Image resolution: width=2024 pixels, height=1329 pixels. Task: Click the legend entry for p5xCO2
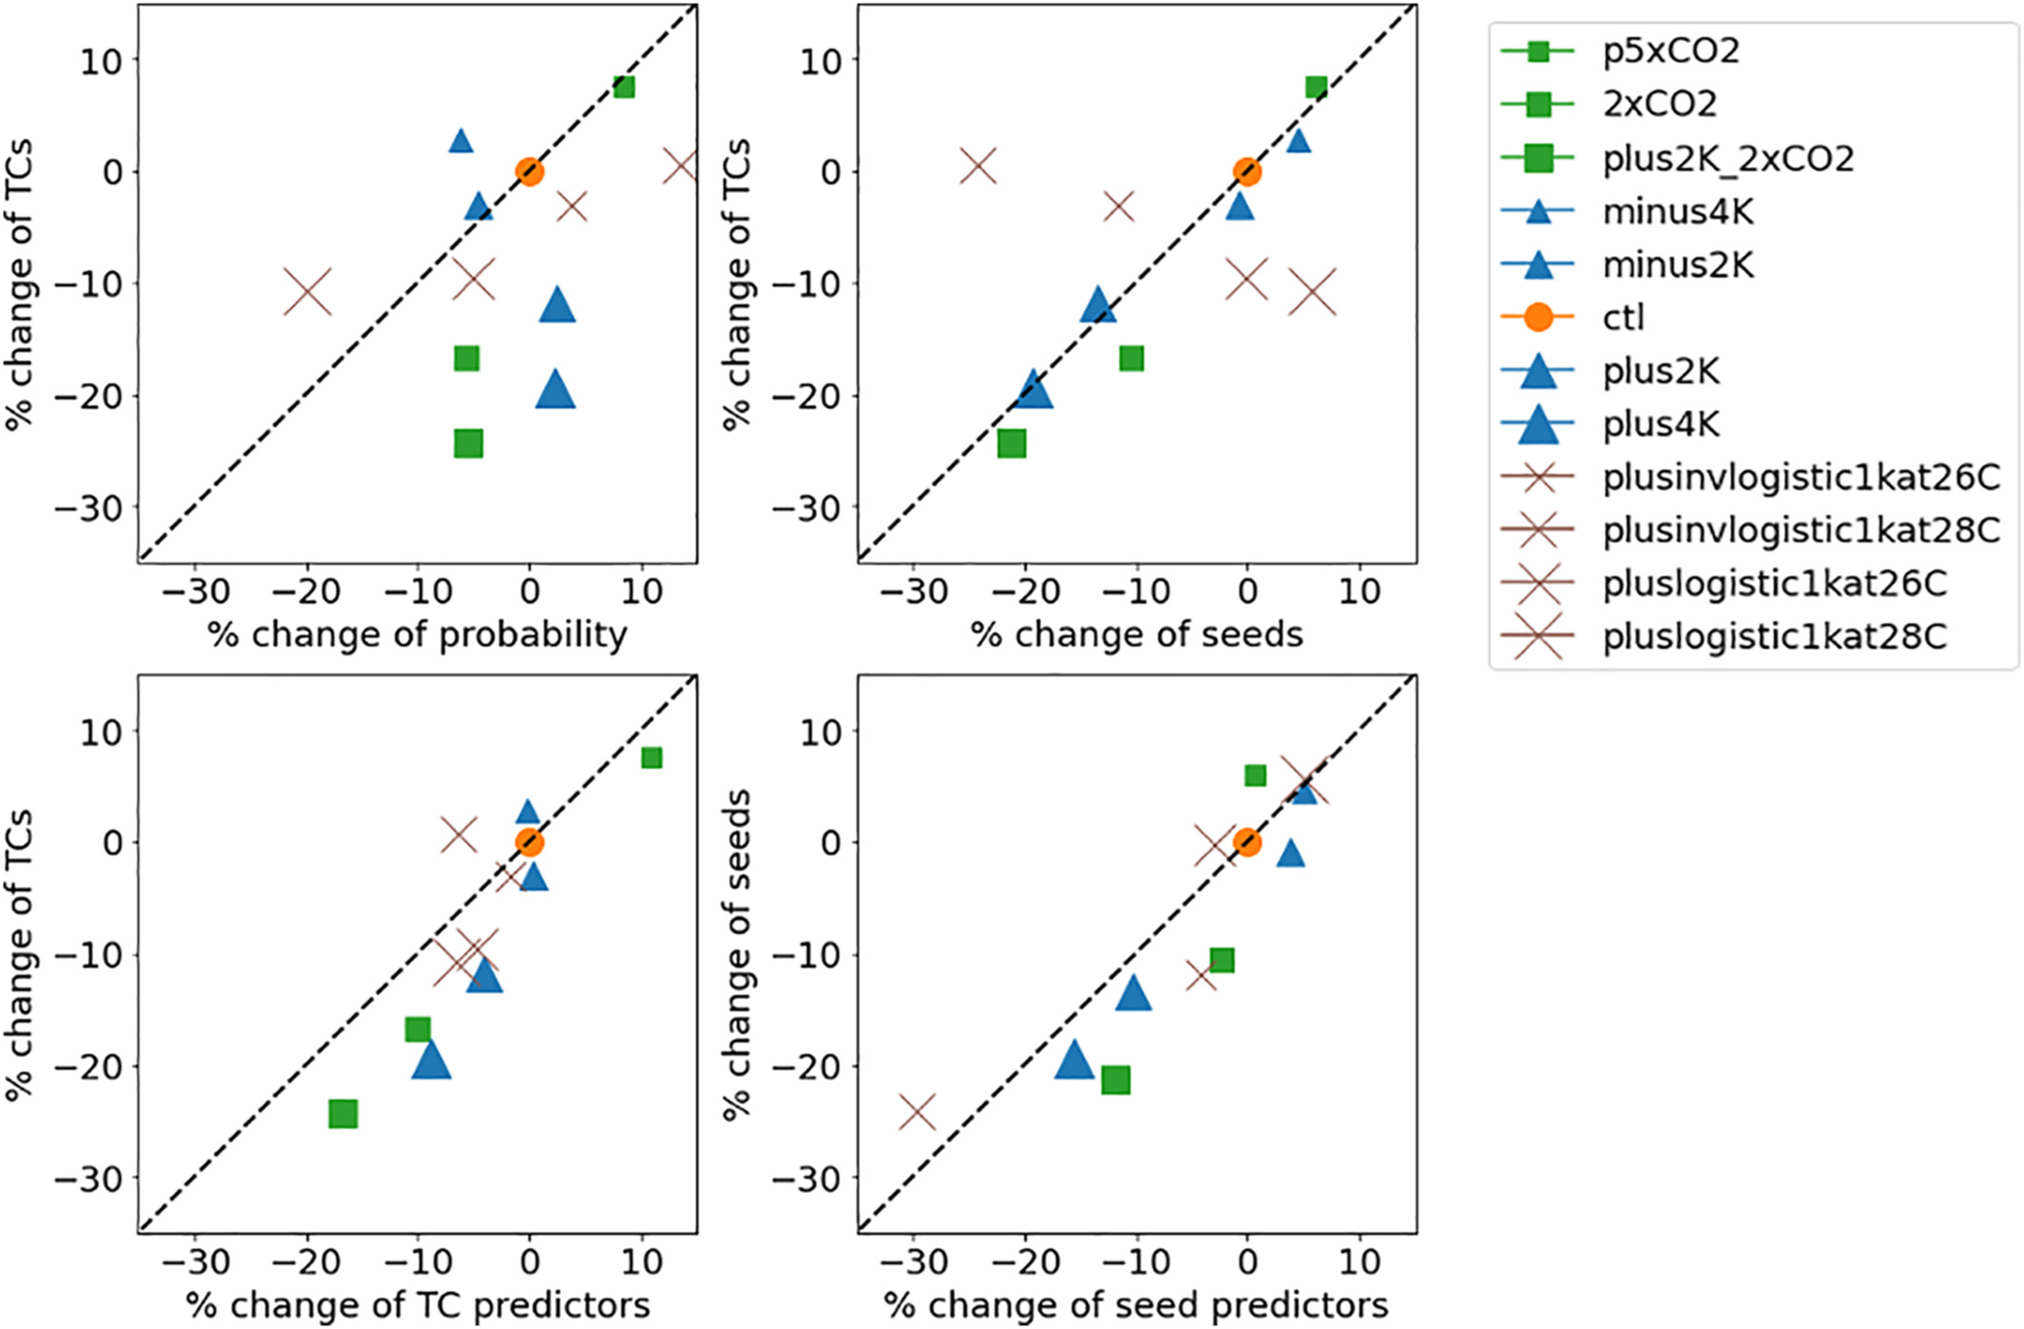(1670, 50)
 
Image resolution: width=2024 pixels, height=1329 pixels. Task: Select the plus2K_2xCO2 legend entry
(1727, 158)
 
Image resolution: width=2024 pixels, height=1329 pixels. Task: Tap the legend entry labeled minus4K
(1678, 211)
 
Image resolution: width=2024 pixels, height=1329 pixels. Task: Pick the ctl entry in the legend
(1623, 318)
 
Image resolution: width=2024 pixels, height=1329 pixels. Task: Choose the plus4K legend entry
(1661, 424)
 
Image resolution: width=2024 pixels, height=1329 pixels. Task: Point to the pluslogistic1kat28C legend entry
(1774, 636)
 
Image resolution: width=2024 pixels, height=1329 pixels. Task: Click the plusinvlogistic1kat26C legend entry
(1800, 478)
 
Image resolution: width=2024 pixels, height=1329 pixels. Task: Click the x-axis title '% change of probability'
(418, 635)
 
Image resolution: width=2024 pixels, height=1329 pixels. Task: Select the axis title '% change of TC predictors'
(418, 1305)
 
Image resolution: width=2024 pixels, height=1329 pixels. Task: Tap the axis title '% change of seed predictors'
(1136, 1305)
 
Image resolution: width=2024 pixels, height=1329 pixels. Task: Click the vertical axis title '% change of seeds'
(737, 954)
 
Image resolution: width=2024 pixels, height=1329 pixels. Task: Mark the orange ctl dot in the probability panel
(530, 172)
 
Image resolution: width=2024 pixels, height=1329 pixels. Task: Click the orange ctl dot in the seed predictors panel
(1247, 842)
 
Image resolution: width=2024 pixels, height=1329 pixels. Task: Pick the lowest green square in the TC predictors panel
(343, 1113)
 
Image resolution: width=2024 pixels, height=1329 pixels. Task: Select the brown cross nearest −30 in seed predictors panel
(917, 1111)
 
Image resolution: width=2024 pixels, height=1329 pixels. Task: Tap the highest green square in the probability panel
(624, 88)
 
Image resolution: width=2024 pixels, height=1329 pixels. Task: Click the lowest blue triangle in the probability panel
(555, 390)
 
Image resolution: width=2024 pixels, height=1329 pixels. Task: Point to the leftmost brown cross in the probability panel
(307, 292)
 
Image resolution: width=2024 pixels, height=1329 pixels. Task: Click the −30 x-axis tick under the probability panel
(195, 592)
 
